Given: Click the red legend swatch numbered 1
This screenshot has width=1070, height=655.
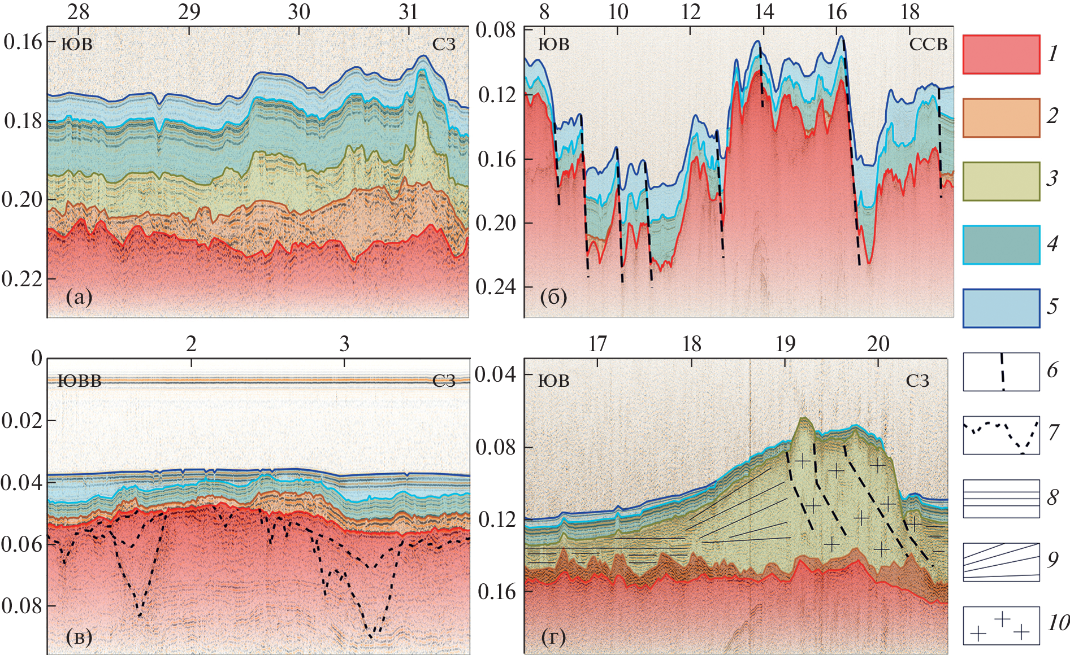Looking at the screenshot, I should [1001, 54].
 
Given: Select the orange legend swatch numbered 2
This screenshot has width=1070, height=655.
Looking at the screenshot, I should [1001, 117].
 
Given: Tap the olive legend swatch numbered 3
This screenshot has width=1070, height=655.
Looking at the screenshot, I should [1001, 181].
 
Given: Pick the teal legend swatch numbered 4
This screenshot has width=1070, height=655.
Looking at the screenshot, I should [1001, 244].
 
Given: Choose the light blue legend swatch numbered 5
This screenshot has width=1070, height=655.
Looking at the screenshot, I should [1001, 308].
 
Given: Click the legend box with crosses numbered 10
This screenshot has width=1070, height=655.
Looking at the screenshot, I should [1001, 625].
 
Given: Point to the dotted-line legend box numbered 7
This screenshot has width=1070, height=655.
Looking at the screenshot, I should [1001, 435].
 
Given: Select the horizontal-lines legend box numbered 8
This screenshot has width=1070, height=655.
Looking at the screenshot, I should [1001, 499].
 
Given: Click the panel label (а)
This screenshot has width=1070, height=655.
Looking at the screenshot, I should [79, 297].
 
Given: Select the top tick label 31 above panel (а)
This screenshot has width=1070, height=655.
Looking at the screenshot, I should [408, 12].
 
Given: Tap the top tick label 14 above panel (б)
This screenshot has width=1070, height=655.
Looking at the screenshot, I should [764, 12].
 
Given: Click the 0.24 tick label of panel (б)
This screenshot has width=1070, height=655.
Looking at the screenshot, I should [496, 287].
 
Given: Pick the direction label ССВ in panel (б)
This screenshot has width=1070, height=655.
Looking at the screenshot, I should [928, 45].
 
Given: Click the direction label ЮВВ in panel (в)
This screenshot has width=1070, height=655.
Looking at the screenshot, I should [80, 381].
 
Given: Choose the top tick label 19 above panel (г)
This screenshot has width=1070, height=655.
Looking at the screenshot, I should [785, 344].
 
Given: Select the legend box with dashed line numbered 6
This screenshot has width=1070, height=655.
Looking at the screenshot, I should [1001, 372].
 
